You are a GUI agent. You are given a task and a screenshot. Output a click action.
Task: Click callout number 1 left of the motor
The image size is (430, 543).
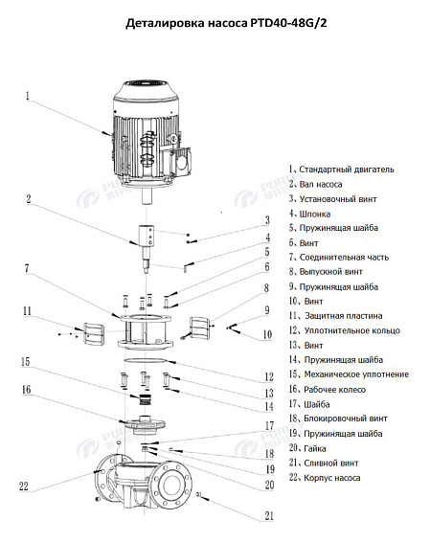click(x=29, y=96)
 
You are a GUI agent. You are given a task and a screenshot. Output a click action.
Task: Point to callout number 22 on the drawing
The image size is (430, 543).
click(x=24, y=486)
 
